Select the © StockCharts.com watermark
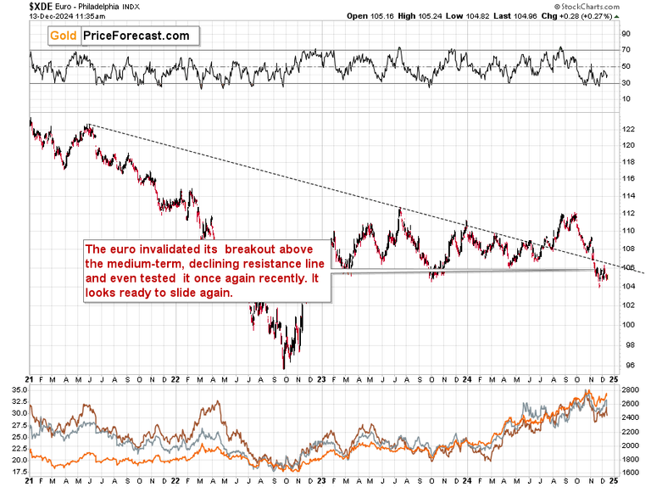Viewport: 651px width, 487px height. click(x=605, y=5)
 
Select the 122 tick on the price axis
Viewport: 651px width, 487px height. click(x=628, y=129)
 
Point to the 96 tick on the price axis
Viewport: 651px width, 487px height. click(x=626, y=366)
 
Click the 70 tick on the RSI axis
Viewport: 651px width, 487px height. click(x=626, y=50)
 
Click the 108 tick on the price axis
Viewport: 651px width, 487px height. click(x=628, y=249)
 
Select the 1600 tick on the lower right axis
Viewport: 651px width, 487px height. click(x=631, y=473)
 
